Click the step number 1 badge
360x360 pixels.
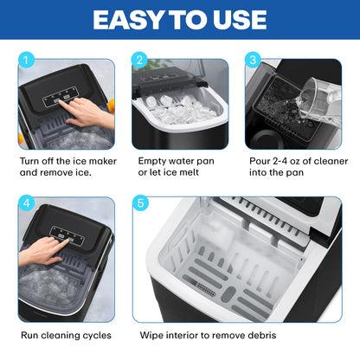click(x=26, y=60)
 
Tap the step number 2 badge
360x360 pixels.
click(x=139, y=60)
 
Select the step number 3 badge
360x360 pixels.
click(x=253, y=60)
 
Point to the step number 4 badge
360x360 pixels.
click(x=26, y=202)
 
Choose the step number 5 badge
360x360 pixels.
click(x=140, y=202)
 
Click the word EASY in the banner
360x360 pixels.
click(x=128, y=20)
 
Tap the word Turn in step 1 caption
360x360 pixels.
click(x=29, y=161)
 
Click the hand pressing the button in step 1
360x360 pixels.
click(x=87, y=112)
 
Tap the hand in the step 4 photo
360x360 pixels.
click(x=42, y=250)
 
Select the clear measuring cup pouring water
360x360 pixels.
click(x=318, y=102)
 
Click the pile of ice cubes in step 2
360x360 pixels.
click(x=180, y=109)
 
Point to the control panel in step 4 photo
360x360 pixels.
click(x=67, y=235)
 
